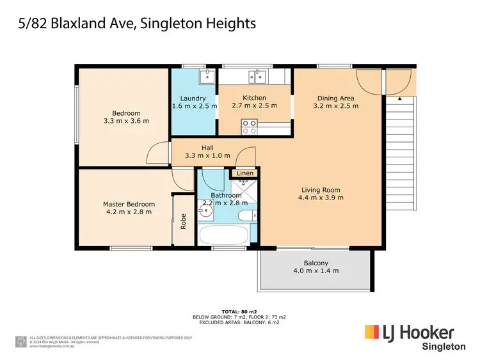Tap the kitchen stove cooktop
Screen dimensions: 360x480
coord(248,125)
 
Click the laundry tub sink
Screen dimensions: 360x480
coord(205,78)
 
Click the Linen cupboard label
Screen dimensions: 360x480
coord(245,173)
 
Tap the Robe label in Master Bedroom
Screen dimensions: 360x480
coord(183,221)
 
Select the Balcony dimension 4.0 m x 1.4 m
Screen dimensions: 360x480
coord(316,270)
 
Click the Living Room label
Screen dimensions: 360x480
coord(321,189)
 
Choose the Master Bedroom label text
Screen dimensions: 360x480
coord(129,205)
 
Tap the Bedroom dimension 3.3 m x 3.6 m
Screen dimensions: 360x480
coord(126,120)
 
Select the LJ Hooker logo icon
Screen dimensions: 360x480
coord(373,333)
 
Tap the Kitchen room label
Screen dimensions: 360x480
coord(254,98)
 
